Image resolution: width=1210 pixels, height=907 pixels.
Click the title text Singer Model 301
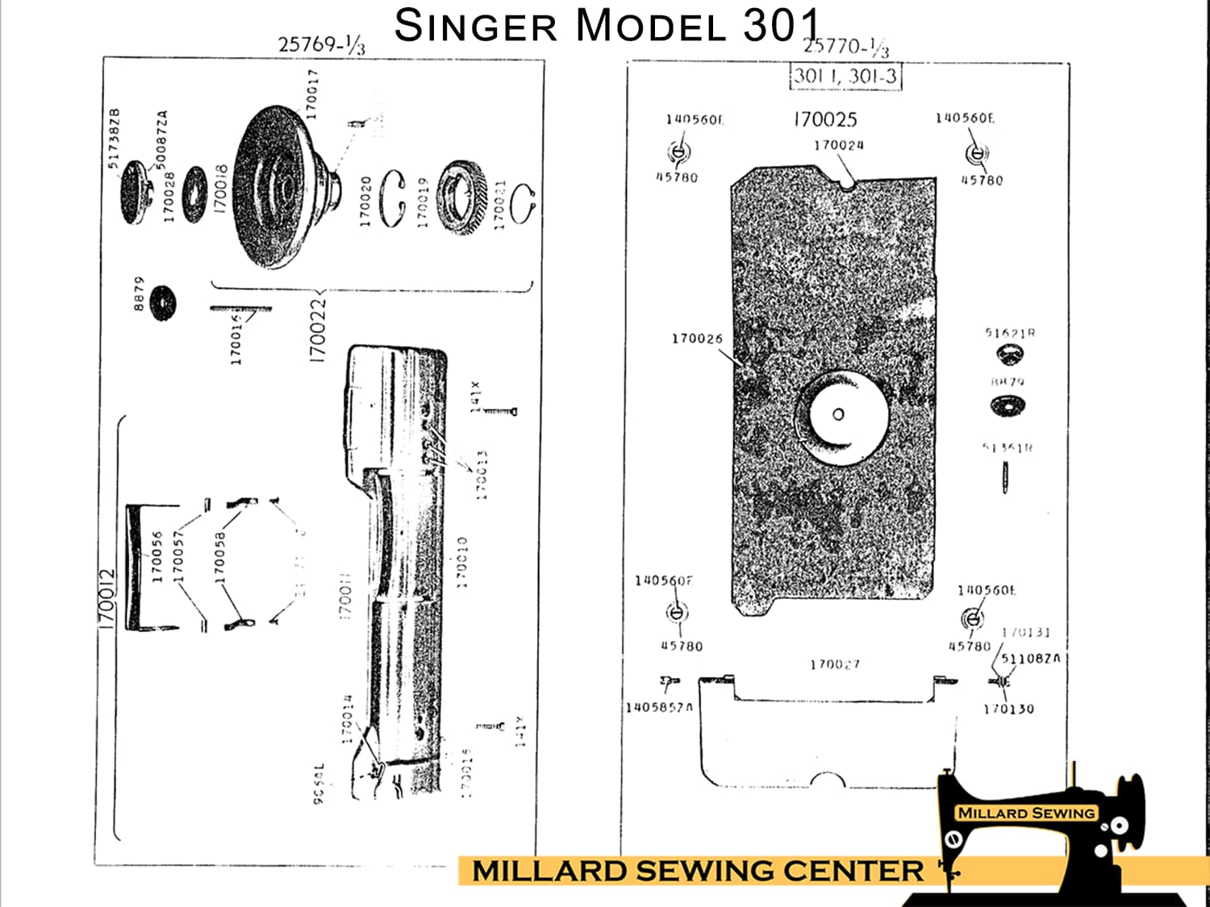pos(607,25)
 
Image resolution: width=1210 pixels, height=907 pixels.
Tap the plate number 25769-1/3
pos(321,44)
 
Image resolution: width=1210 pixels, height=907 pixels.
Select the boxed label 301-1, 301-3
pos(845,77)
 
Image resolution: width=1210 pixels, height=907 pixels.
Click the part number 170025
pos(824,119)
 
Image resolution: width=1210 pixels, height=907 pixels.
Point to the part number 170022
pos(319,330)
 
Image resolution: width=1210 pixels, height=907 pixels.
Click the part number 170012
pos(106,600)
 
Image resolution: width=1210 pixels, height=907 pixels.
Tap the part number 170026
pos(697,339)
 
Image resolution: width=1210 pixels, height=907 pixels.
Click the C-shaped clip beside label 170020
pos(393,198)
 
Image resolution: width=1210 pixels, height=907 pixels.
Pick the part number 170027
pos(835,664)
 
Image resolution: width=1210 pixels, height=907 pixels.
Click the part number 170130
pos(1008,709)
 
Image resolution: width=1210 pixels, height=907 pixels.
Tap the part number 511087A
pos(1030,659)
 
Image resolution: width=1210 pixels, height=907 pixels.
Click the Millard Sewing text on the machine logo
pos(1026,813)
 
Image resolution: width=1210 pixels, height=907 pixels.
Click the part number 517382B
pos(115,138)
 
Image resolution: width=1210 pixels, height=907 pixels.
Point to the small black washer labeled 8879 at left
pos(163,302)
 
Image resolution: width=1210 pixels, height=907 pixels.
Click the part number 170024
pos(838,145)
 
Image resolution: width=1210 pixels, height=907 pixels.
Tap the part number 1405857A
pos(659,708)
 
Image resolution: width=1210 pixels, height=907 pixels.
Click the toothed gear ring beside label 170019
pos(462,198)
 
